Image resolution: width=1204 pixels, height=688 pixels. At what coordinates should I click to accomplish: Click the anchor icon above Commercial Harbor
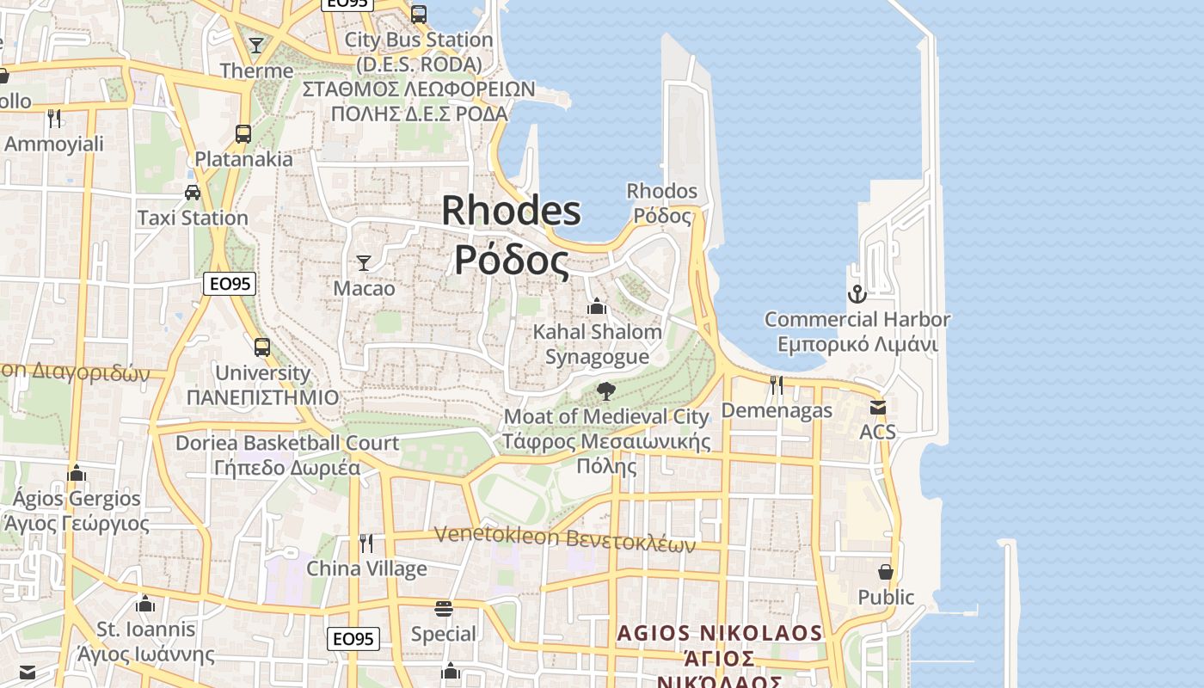pos(857,294)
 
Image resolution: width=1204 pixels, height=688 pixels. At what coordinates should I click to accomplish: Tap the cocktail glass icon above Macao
pos(364,262)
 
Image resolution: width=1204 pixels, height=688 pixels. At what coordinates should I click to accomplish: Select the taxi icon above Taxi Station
pos(193,192)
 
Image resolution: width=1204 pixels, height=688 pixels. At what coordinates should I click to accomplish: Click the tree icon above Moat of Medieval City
pos(606,391)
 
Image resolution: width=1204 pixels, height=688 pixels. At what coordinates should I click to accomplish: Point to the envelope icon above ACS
pos(877,407)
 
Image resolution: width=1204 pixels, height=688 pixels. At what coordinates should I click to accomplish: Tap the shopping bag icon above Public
pos(886,572)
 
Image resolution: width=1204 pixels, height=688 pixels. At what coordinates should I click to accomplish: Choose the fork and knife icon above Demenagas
pos(777,384)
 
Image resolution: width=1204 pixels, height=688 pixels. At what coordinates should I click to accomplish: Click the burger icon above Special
pos(444,609)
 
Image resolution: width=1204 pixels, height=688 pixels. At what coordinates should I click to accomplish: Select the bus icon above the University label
pos(262,347)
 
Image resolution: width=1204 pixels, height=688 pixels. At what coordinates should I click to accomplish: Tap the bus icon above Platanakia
pos(243,134)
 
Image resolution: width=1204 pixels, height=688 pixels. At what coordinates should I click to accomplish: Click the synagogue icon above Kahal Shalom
pos(597,306)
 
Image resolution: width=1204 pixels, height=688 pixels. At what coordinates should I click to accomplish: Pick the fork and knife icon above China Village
pos(366,543)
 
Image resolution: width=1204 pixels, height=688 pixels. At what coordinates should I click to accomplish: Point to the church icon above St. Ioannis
pos(145,604)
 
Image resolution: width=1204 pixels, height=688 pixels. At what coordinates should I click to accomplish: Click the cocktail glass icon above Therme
pos(256,45)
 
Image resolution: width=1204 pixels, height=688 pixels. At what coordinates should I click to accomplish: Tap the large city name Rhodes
pos(512,211)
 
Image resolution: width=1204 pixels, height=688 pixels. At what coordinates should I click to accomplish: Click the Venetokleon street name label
pos(564,537)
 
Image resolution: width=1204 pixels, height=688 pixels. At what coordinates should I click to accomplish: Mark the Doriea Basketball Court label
pos(287,443)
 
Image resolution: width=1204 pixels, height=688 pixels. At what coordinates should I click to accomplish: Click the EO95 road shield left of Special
pos(353,639)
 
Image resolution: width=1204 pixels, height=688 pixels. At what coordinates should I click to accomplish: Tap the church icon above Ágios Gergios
pos(77,473)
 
